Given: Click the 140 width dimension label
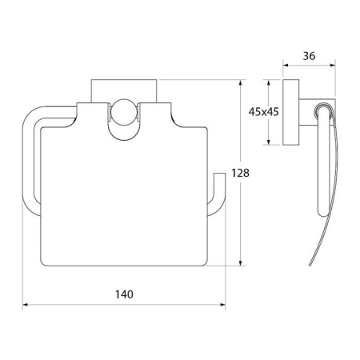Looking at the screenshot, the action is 124,294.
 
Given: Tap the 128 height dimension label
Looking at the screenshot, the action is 240,173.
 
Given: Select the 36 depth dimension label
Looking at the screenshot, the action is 309,56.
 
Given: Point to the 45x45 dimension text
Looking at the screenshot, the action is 263,112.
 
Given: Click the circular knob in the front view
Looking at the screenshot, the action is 123,112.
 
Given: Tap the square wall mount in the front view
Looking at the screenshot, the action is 124,90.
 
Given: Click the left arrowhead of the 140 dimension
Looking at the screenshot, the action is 25,305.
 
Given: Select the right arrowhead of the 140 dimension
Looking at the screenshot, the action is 222,305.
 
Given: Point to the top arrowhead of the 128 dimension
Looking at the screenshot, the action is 241,82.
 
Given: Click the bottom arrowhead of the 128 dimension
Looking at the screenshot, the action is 241,262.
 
